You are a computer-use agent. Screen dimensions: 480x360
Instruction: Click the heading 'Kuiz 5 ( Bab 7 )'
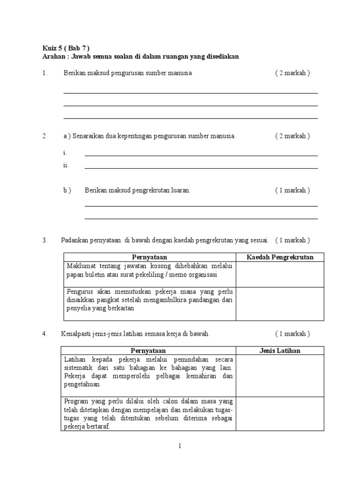[x=66, y=48]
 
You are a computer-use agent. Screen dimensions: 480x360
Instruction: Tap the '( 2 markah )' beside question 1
[x=292, y=73]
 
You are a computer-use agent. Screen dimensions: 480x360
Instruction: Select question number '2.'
[x=45, y=136]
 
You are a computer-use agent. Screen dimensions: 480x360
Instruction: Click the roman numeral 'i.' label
[x=65, y=153]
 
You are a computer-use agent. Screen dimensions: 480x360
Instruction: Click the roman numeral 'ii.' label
[x=66, y=165]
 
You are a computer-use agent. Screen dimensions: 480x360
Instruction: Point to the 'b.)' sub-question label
[x=67, y=190]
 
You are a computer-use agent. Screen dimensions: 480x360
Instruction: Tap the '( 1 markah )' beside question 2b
[x=292, y=190]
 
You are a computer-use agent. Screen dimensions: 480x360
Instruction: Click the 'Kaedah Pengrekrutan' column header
[x=280, y=257]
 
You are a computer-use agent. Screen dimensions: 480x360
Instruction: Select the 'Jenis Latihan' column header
[x=280, y=351]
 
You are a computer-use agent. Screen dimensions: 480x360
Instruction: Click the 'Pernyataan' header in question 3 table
[x=150, y=257]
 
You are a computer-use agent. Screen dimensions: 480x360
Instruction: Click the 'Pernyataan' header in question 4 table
[x=148, y=351]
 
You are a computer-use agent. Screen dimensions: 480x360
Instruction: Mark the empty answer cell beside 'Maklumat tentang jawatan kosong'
[x=280, y=274]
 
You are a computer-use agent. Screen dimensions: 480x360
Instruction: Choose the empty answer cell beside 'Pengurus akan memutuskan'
[x=280, y=304]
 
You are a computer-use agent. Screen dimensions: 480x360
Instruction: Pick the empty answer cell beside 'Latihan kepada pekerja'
[x=280, y=375]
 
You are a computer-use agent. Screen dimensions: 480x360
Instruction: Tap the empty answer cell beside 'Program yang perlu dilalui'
[x=280, y=414]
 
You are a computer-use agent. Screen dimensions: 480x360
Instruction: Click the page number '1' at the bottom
[x=180, y=447]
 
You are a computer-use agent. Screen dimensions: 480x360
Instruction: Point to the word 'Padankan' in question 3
[x=75, y=240]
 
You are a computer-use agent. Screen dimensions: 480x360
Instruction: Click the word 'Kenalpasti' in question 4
[x=76, y=334]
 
